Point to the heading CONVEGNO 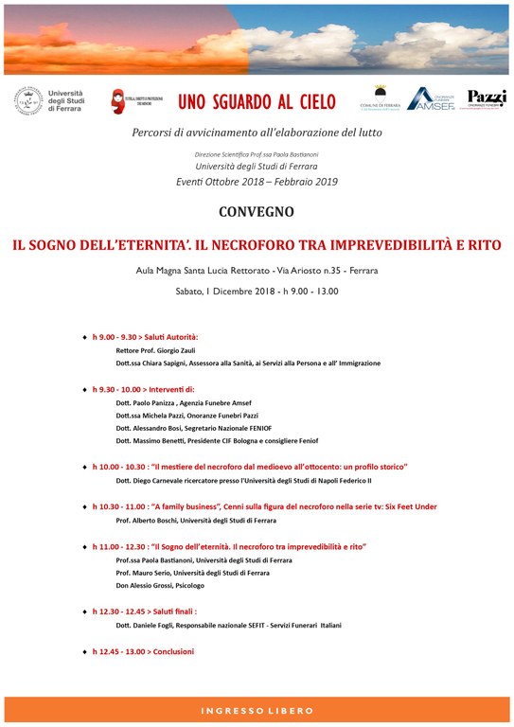pyautogui.click(x=257, y=211)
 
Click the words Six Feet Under pyautogui.click(x=411, y=506)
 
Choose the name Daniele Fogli pyautogui.click(x=162, y=626)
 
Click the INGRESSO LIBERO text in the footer pyautogui.click(x=257, y=710)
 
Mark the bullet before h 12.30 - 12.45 pyautogui.click(x=84, y=612)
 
